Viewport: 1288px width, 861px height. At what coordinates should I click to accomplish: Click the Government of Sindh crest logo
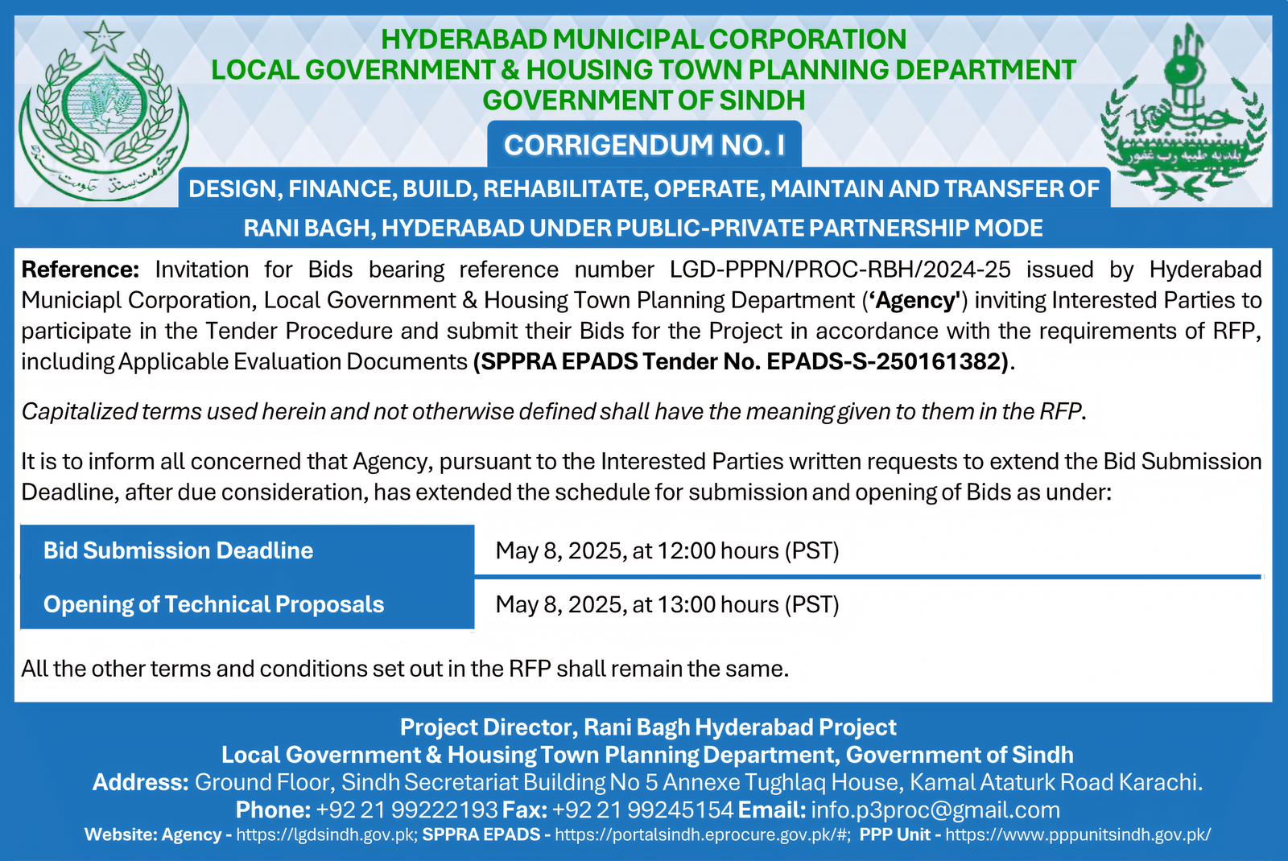[x=103, y=113]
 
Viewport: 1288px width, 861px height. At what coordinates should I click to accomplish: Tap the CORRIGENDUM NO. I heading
[x=644, y=145]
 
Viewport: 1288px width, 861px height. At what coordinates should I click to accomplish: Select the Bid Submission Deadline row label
[x=179, y=550]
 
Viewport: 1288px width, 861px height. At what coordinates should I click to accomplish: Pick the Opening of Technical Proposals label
[x=214, y=604]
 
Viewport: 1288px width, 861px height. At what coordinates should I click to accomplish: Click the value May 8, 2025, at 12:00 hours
[x=667, y=550]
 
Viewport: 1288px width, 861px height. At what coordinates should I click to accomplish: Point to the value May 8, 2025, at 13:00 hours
[x=667, y=604]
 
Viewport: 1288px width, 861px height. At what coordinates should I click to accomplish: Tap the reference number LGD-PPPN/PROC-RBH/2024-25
[x=840, y=270]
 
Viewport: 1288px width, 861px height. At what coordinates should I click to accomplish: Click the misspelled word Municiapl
[x=72, y=300]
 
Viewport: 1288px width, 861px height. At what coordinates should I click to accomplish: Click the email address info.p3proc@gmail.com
[x=935, y=810]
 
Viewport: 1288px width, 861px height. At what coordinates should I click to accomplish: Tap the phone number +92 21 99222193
[x=407, y=810]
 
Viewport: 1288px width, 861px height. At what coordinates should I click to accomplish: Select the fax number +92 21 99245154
[x=643, y=810]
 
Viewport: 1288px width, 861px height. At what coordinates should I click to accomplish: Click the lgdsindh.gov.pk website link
[x=327, y=834]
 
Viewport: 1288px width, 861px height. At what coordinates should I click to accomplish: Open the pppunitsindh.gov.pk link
[x=1078, y=834]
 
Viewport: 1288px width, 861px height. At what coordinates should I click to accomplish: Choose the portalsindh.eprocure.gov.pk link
[x=702, y=834]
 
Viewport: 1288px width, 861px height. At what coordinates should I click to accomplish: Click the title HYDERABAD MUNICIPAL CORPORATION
[x=644, y=39]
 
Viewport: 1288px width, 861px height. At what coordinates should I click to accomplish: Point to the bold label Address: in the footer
[x=141, y=782]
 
